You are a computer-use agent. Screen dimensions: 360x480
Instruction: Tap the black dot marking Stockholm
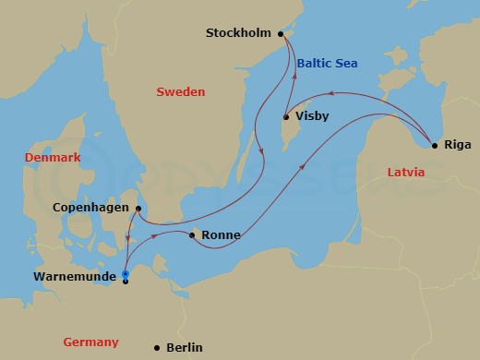click(x=281, y=33)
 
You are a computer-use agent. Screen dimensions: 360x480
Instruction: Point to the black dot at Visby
click(x=286, y=116)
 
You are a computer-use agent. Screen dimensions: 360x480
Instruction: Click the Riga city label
click(x=457, y=144)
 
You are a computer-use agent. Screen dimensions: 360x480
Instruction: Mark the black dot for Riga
click(x=434, y=144)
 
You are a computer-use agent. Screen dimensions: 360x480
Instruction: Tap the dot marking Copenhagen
click(x=138, y=209)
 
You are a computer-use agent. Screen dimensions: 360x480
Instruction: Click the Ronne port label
click(x=221, y=235)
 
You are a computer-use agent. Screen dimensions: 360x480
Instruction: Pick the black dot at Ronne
click(x=191, y=235)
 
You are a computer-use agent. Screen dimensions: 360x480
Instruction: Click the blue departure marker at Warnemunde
click(x=126, y=274)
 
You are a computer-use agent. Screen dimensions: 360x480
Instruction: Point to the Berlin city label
click(x=185, y=348)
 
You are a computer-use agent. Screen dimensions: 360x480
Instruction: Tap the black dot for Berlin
click(x=156, y=347)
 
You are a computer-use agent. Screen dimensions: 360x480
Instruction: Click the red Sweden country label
click(x=180, y=91)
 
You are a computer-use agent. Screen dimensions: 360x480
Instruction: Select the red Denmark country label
click(x=53, y=158)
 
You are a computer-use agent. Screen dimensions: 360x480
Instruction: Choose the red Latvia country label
click(x=405, y=172)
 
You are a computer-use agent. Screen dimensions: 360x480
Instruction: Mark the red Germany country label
click(x=90, y=342)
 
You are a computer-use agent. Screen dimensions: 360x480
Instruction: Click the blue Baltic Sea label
click(x=327, y=63)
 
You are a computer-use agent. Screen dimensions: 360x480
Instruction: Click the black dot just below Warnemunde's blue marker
click(x=126, y=282)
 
